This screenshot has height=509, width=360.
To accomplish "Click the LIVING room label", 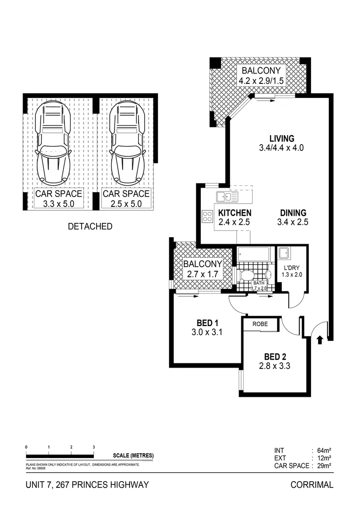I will [x=282, y=139].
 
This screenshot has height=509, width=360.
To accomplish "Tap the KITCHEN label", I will [x=234, y=213].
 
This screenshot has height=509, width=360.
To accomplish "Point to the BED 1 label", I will [x=207, y=323].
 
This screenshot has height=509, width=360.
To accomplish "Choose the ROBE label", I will [x=260, y=324].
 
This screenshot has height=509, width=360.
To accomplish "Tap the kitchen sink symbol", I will [x=227, y=196].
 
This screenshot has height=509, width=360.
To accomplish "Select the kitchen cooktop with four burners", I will [x=207, y=216].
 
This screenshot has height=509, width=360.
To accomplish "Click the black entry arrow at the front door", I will [x=320, y=339].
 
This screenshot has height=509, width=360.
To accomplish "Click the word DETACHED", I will [x=90, y=227].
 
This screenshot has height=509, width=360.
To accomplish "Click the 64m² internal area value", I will [x=325, y=450].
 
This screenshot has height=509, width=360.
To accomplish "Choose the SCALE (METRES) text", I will [x=133, y=455].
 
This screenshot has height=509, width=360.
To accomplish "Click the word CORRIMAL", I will [x=311, y=484].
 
